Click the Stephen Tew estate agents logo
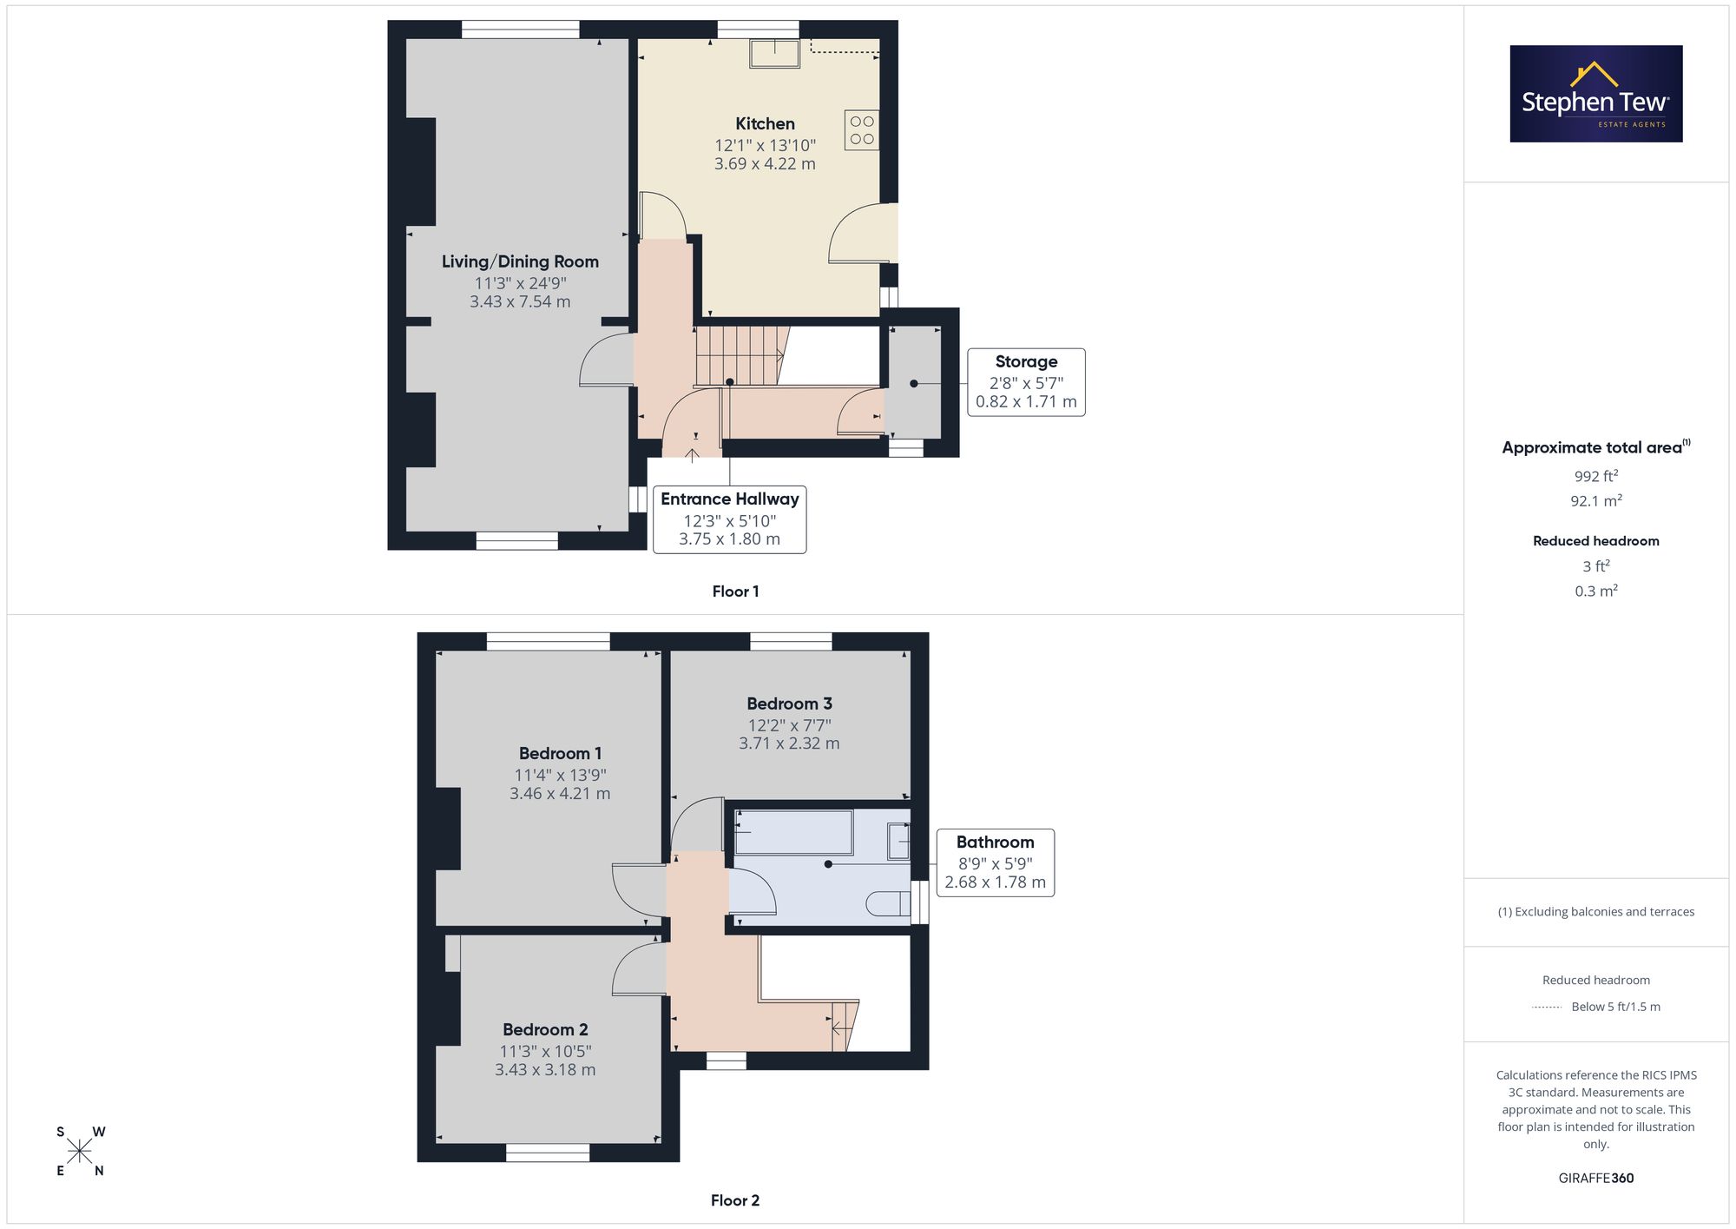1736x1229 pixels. tap(1596, 94)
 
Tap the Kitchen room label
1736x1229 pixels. tap(765, 124)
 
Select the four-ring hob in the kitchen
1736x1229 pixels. tap(862, 130)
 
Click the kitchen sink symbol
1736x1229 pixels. tap(775, 54)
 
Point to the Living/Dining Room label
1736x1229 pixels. tap(520, 261)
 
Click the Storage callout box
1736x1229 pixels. tap(1026, 382)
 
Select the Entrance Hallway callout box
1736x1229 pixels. tap(729, 519)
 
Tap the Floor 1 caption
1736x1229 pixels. tap(735, 591)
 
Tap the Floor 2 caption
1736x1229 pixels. tap(735, 1200)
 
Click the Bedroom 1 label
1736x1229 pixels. tap(560, 754)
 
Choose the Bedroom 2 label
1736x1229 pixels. tap(545, 1030)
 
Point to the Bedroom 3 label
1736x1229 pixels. tap(789, 704)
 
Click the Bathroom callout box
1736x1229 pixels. tap(996, 862)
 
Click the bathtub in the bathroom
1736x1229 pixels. tap(794, 832)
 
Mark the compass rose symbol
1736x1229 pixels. tap(80, 1152)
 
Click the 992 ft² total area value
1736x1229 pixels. tap(1596, 476)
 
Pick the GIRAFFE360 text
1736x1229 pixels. tap(1596, 1179)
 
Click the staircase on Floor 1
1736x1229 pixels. tap(742, 355)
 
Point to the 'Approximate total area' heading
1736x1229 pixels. tap(1596, 446)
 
